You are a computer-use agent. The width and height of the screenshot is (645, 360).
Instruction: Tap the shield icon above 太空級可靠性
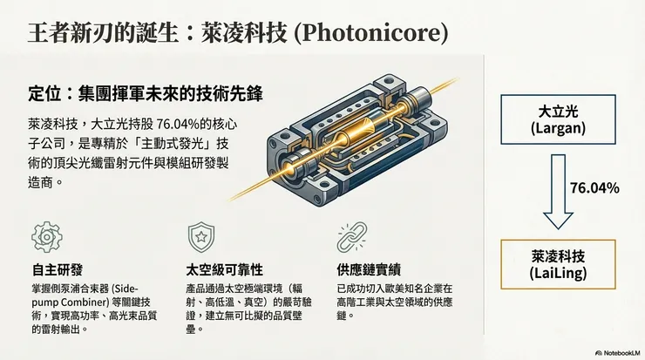point(200,238)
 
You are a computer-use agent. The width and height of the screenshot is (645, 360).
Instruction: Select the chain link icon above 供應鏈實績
point(349,238)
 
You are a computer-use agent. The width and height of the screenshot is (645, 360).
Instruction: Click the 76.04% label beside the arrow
point(594,188)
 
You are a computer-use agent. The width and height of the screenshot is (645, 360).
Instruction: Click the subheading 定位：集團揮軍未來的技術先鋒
point(145,92)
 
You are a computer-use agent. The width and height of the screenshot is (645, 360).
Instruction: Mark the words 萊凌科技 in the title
point(259,35)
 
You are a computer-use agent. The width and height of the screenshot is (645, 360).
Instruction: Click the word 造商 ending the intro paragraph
point(41,183)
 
